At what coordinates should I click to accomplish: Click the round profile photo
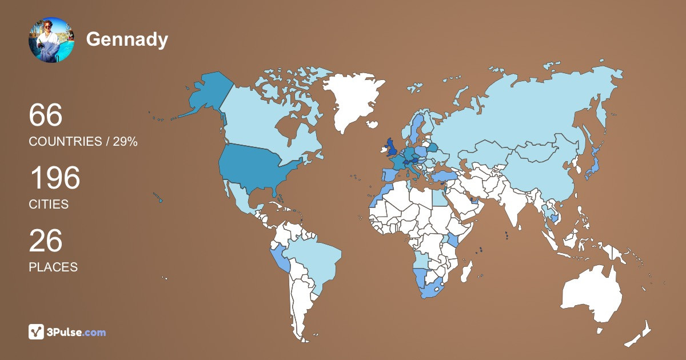(51, 40)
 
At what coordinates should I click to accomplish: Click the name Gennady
(127, 39)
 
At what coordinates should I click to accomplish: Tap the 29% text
(125, 142)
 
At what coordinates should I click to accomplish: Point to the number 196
(55, 178)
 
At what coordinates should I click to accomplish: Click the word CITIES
(49, 204)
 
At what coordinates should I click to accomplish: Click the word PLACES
(53, 267)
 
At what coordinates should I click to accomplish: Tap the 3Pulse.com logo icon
(37, 331)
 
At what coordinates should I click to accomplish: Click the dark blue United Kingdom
(392, 148)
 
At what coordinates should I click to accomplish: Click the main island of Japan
(595, 166)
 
